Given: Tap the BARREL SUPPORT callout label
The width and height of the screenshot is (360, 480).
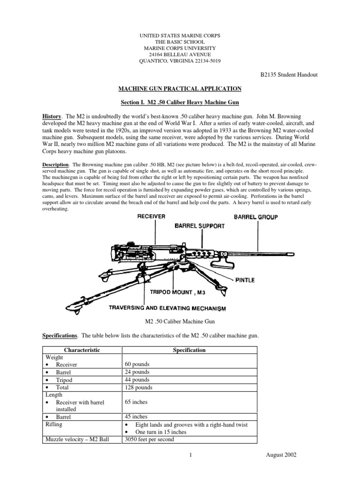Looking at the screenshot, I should click(200, 225).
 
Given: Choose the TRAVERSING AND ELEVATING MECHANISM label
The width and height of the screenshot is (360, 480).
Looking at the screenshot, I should click(167, 308).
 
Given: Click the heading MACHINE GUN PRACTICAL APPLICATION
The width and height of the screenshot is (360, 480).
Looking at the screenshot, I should click(180, 88).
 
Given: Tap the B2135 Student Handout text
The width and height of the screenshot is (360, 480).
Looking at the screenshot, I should click(288, 75).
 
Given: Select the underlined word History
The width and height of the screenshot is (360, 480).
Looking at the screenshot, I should click(52, 115).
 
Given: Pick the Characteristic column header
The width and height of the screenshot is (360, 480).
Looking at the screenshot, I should click(82, 350).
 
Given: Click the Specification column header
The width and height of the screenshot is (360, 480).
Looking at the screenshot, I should click(189, 350).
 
